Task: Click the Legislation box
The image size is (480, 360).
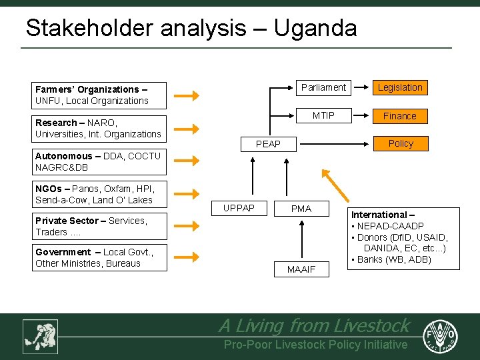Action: click(400, 87)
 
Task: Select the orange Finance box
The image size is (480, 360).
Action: click(400, 116)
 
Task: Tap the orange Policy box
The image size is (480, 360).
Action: click(400, 143)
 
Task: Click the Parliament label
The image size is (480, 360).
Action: click(323, 87)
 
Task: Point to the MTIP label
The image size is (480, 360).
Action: click(323, 116)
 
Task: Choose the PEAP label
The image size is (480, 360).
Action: click(269, 144)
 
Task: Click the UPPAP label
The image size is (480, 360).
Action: click(239, 209)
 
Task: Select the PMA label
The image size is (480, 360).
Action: click(301, 209)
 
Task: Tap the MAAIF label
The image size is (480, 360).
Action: click(301, 269)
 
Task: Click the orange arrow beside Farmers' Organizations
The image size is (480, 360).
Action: click(191, 95)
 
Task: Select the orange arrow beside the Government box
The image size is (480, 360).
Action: click(191, 257)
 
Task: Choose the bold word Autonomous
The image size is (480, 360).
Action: click(63, 156)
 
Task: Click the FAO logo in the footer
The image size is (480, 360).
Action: click(443, 335)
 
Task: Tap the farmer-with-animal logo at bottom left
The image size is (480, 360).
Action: click(40, 336)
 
